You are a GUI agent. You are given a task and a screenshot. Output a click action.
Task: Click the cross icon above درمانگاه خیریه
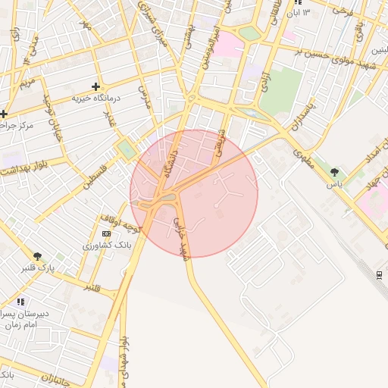click(x=95, y=86)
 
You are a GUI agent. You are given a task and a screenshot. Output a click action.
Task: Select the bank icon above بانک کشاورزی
click(x=105, y=233)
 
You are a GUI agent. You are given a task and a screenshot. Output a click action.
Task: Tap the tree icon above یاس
click(x=334, y=172)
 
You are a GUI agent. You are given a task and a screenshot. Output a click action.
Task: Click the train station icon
click(x=379, y=274)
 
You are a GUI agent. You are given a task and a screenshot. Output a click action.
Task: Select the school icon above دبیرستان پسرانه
click(x=20, y=302)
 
